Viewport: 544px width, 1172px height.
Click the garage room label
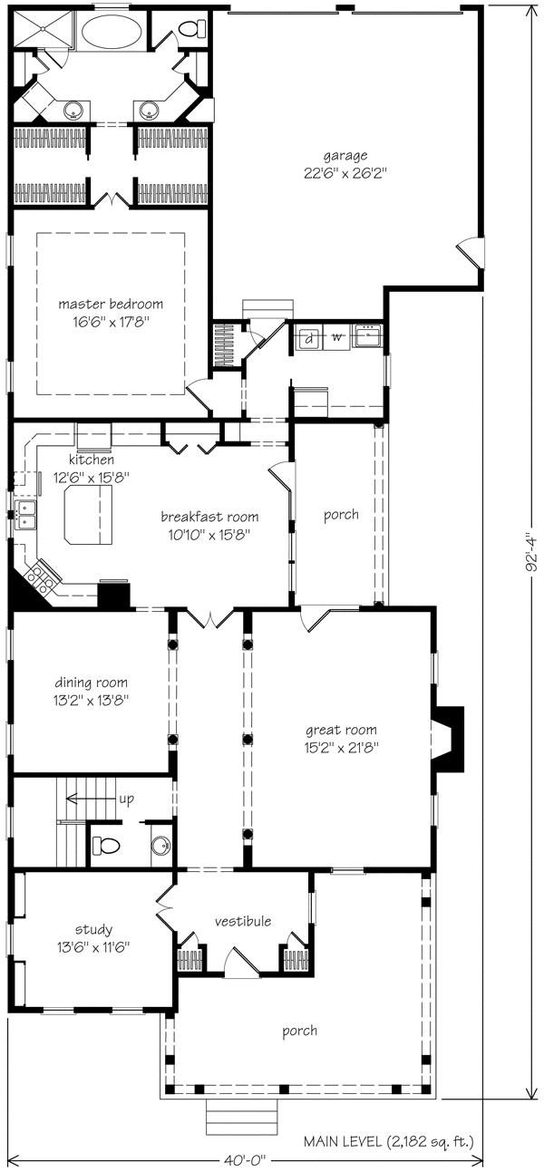pos(345,155)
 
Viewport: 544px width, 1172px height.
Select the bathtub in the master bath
pos(112,31)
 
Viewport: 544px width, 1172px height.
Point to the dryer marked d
pos(310,338)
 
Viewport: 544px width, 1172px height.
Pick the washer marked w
pos(336,337)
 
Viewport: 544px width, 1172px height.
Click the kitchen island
pos(87,514)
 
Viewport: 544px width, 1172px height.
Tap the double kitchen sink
pos(25,513)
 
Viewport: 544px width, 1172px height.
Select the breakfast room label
pos(209,517)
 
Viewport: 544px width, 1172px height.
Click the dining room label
pos(91,683)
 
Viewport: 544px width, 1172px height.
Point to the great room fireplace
pos(448,739)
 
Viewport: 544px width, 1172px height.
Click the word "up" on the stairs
pos(127,799)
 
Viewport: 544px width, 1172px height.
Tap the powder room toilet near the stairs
pos(107,844)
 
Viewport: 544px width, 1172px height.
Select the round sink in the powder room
pos(160,845)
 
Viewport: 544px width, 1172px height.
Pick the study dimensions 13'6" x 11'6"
pos(94,946)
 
